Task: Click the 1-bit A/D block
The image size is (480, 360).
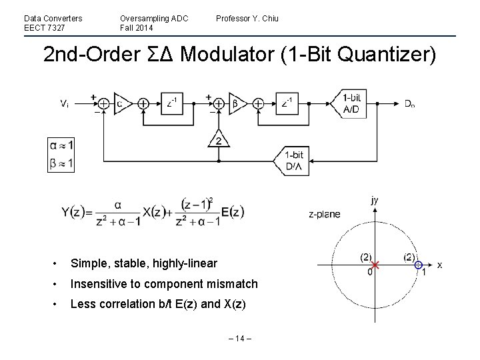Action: [x=353, y=103]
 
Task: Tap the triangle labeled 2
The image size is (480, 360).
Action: [x=217, y=141]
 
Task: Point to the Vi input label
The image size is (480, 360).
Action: [x=64, y=103]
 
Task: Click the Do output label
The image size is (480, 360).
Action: [x=410, y=104]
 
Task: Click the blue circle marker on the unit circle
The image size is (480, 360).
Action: [x=418, y=265]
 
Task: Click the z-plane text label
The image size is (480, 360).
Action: [x=325, y=215]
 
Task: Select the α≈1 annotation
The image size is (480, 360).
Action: [x=61, y=145]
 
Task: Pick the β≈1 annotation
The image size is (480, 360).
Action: [x=61, y=162]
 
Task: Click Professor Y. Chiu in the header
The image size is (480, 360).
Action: [x=247, y=18]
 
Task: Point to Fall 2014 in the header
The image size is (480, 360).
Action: [x=137, y=27]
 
